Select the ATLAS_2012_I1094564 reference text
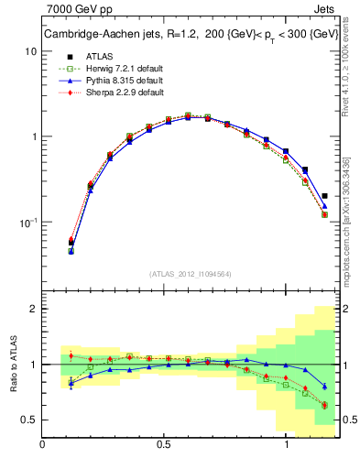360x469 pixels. coord(191,274)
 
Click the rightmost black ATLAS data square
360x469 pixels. coord(325,195)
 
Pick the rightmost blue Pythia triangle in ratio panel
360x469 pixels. coord(325,386)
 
